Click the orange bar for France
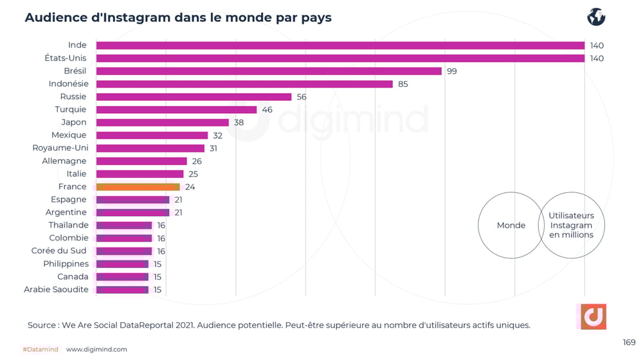click(x=138, y=187)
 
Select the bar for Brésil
click(x=269, y=71)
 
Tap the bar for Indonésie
click(x=244, y=84)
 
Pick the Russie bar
click(x=194, y=97)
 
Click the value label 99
click(x=452, y=71)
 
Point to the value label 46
click(x=267, y=110)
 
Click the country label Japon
click(x=73, y=122)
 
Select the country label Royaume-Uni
click(x=60, y=148)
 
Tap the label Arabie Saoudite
click(x=56, y=289)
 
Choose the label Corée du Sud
click(x=59, y=251)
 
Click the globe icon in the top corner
click(x=596, y=17)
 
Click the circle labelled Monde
click(x=511, y=225)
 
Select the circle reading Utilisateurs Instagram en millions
click(x=571, y=225)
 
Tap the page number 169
click(x=629, y=342)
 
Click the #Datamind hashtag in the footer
click(x=41, y=349)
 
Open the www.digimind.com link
click(x=96, y=349)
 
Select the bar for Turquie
click(x=176, y=110)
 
